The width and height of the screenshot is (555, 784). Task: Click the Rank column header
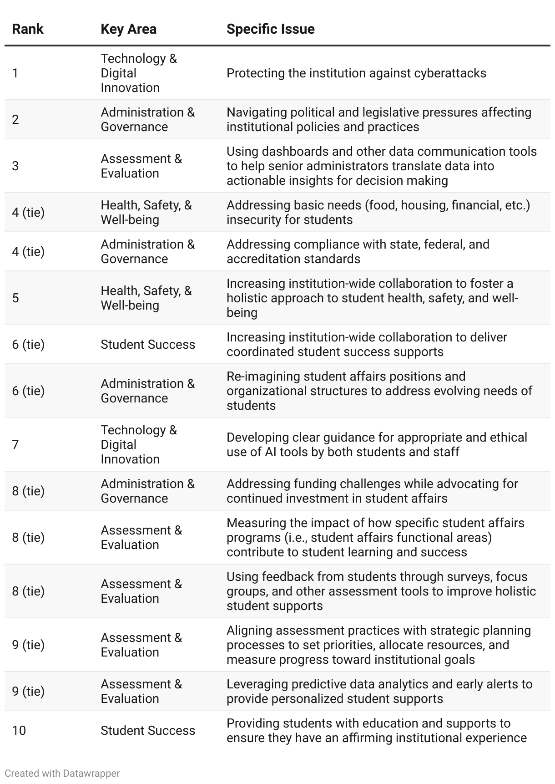pyautogui.click(x=28, y=29)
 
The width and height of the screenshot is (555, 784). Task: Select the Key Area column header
pyautogui.click(x=128, y=29)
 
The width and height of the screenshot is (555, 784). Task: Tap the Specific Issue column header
pyautogui.click(x=270, y=29)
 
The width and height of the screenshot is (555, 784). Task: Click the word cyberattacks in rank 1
pyautogui.click(x=450, y=73)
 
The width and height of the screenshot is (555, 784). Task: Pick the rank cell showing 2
pyautogui.click(x=15, y=120)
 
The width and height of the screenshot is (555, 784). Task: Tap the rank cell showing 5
pyautogui.click(x=15, y=298)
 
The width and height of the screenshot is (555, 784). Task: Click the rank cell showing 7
pyautogui.click(x=15, y=445)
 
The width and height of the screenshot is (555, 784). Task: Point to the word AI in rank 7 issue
pyautogui.click(x=271, y=452)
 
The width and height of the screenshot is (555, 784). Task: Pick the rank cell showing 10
pyautogui.click(x=19, y=731)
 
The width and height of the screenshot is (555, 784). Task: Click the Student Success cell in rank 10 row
pyautogui.click(x=148, y=731)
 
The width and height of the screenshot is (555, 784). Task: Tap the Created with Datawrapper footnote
pyautogui.click(x=62, y=773)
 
